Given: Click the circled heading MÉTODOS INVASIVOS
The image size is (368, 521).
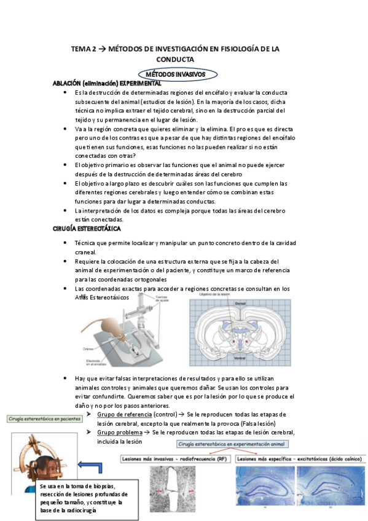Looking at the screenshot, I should (x=176, y=74).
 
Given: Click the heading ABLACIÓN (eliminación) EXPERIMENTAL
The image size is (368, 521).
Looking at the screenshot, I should (x=107, y=83).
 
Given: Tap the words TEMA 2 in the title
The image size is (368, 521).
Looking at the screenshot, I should (x=84, y=49).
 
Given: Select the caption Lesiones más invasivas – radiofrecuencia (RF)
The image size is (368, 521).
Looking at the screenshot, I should (x=174, y=458).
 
